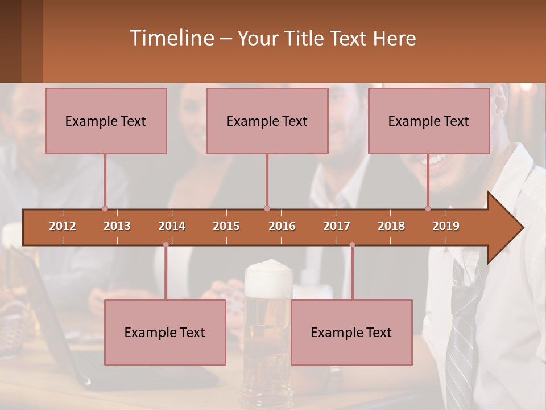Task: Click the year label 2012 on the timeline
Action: pos(63,226)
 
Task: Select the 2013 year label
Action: pos(117,226)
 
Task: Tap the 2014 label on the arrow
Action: pos(172,226)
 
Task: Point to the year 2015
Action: pos(226,226)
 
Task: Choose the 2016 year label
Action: pos(282,226)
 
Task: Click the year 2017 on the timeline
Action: pos(337,226)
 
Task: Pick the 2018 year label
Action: pos(391,226)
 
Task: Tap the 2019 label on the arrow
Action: pos(446,226)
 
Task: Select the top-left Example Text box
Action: pos(106,121)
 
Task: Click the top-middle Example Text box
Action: pos(267,121)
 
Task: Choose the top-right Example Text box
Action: pos(429,121)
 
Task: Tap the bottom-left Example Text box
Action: pos(165,332)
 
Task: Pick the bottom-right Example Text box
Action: pos(351,332)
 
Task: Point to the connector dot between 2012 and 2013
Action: pos(105,208)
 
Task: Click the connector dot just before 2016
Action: pos(267,208)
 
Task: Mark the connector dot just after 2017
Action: pos(352,245)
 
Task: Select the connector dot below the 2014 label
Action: pos(166,245)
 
